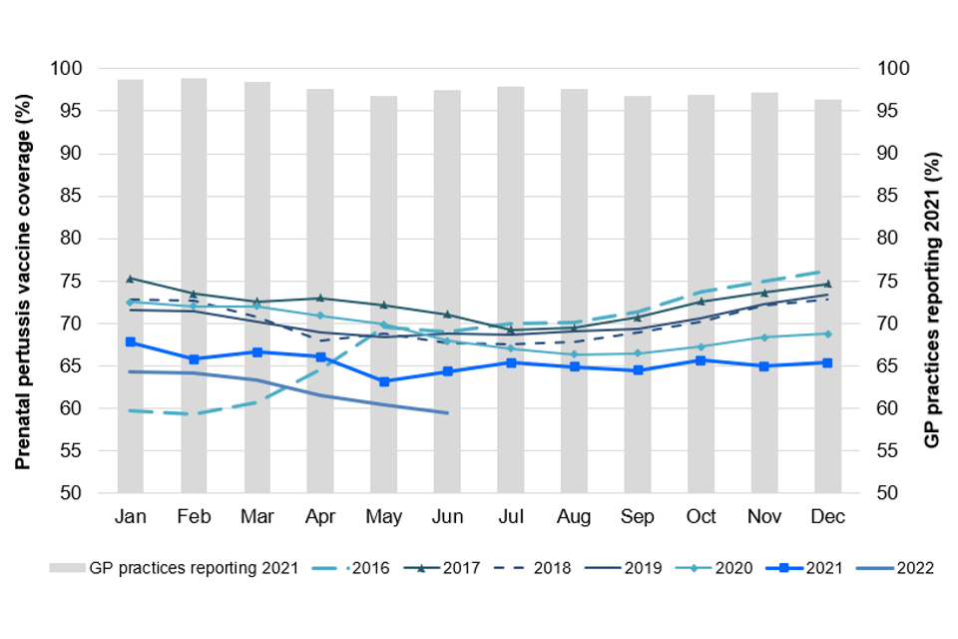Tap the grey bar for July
(x=510, y=290)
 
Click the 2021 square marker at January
(x=131, y=342)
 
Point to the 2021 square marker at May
(x=384, y=381)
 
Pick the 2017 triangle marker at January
(x=131, y=279)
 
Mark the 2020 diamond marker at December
(x=827, y=333)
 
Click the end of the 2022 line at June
(x=447, y=412)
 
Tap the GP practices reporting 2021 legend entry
(x=175, y=568)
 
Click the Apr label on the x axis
(x=320, y=516)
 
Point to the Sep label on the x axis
(x=637, y=516)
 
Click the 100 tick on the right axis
(x=893, y=69)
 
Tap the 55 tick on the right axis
(x=889, y=450)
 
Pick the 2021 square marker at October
(x=701, y=360)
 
